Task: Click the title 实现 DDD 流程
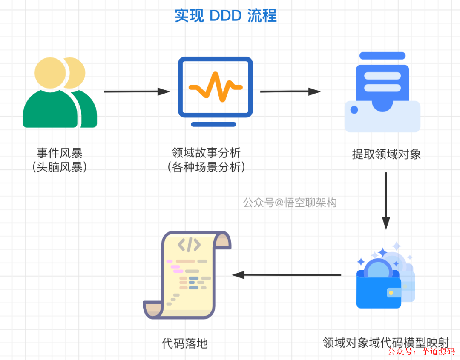226,16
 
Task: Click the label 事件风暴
60,153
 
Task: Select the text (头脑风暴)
60,167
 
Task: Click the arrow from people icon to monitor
137,91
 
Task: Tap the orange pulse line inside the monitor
216,87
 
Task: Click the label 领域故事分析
206,152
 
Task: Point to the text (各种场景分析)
206,167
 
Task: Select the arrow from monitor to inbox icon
290,91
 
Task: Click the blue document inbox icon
382,92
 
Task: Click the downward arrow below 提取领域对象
386,200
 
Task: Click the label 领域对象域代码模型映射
386,342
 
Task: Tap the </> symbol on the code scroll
189,245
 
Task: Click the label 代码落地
185,343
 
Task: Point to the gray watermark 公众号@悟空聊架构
290,203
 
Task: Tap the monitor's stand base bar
213,124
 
